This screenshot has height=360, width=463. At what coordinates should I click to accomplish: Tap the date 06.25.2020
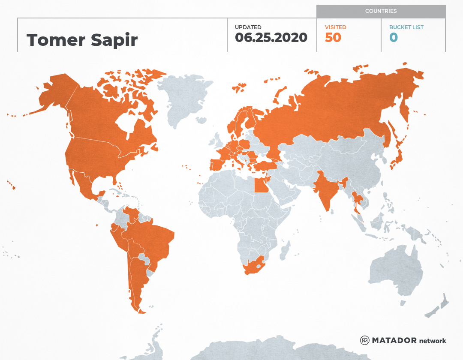(x=271, y=38)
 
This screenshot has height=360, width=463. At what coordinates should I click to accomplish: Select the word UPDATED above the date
(x=248, y=27)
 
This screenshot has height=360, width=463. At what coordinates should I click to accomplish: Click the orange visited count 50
(x=333, y=38)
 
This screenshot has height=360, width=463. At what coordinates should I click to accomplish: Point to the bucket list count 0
(x=394, y=38)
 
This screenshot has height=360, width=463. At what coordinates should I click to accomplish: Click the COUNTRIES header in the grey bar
(x=381, y=11)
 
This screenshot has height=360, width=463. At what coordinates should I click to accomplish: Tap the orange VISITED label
(x=335, y=27)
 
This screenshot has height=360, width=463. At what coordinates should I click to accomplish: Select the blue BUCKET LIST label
(x=406, y=27)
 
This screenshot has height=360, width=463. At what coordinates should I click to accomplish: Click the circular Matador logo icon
(x=364, y=340)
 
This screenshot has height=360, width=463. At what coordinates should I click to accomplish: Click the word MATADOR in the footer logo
(x=394, y=341)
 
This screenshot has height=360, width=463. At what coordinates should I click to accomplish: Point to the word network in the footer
(x=433, y=341)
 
